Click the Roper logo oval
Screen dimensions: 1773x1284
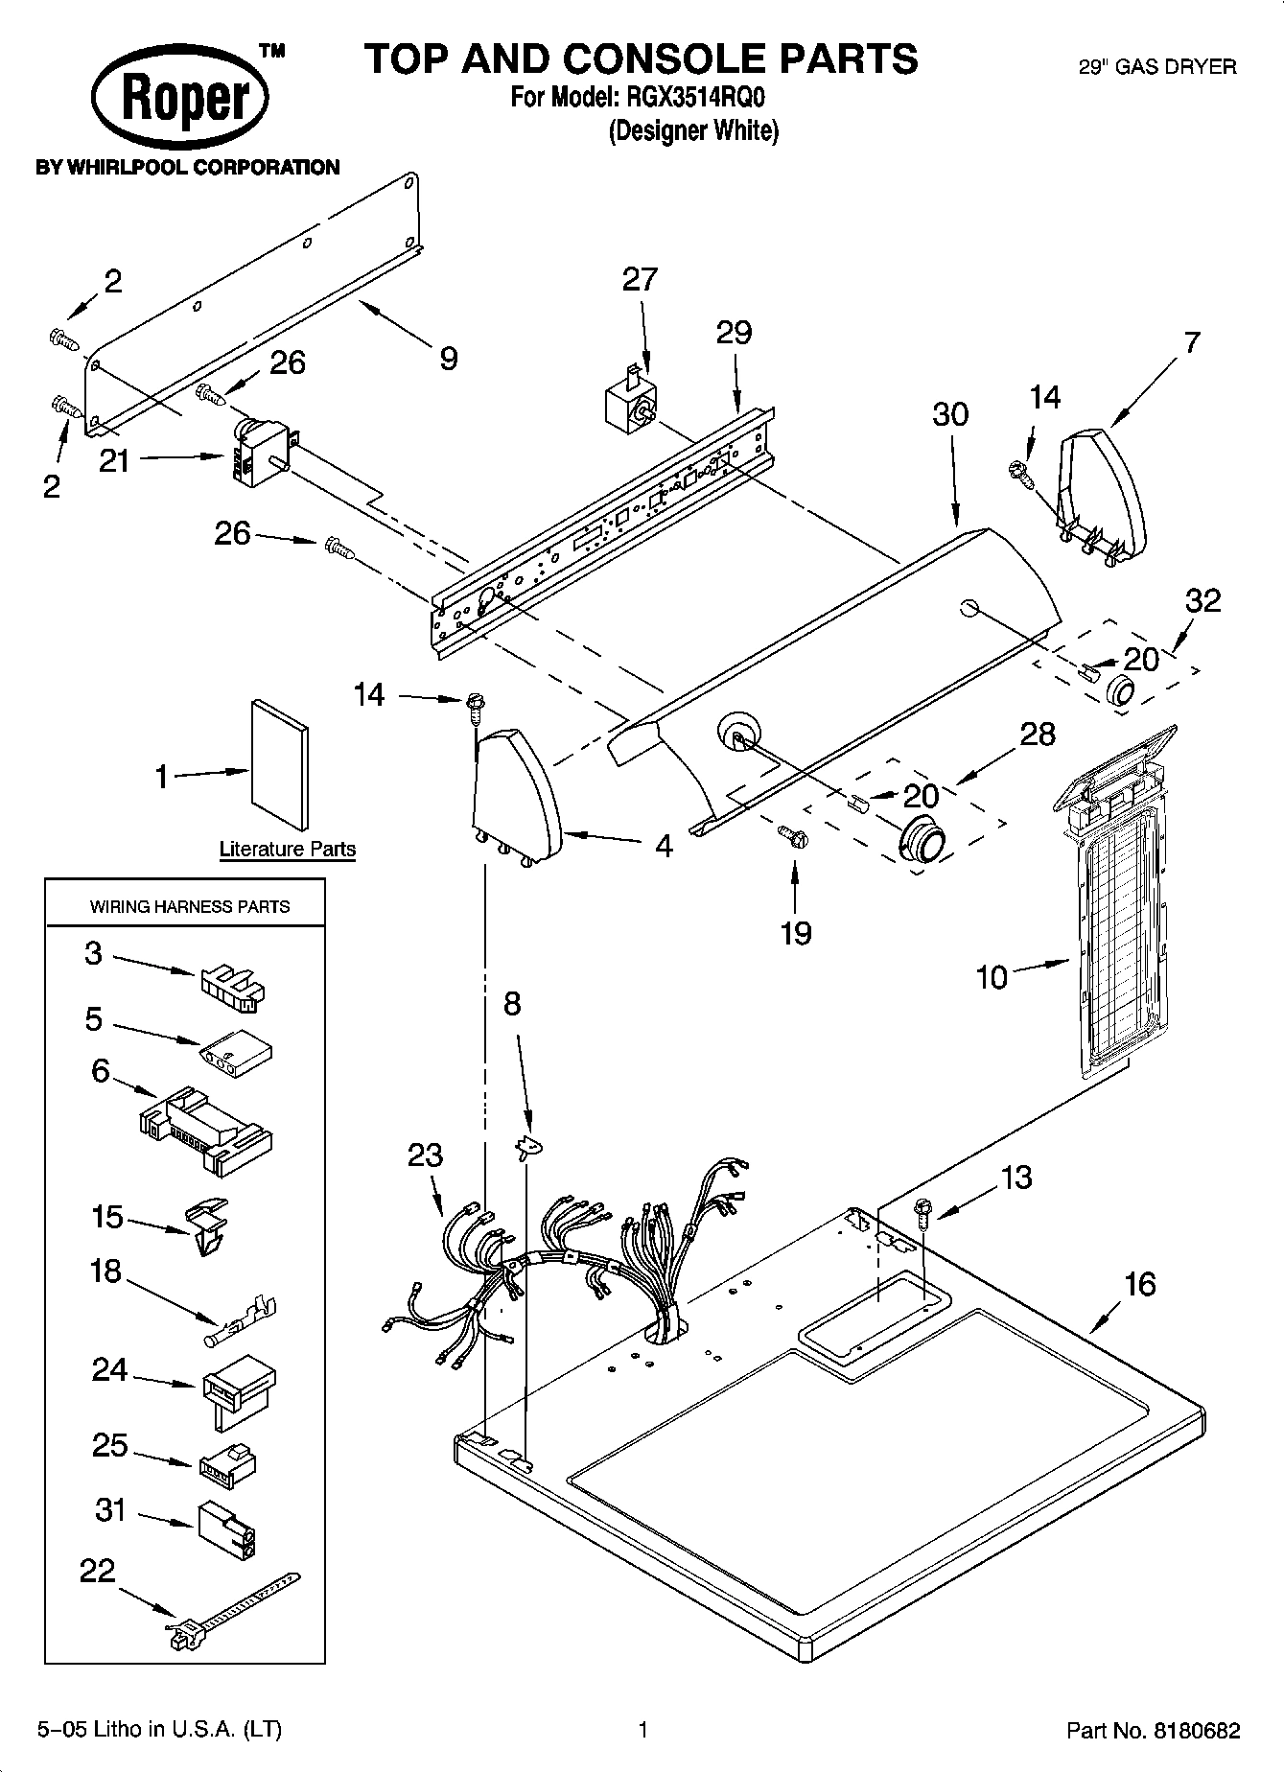click(180, 96)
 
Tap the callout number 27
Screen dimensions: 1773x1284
click(640, 279)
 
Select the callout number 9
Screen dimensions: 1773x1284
click(448, 359)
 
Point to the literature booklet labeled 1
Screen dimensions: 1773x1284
click(280, 763)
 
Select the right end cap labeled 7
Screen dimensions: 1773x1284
click(1103, 494)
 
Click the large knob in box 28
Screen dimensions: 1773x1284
click(922, 840)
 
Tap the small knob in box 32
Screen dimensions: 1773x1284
click(1120, 689)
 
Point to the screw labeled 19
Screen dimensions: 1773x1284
click(794, 837)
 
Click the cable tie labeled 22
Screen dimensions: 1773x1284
click(233, 1608)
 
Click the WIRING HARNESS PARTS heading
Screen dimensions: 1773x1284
click(189, 906)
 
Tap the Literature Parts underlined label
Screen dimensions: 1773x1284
click(287, 849)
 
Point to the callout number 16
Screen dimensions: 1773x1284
click(1139, 1283)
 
